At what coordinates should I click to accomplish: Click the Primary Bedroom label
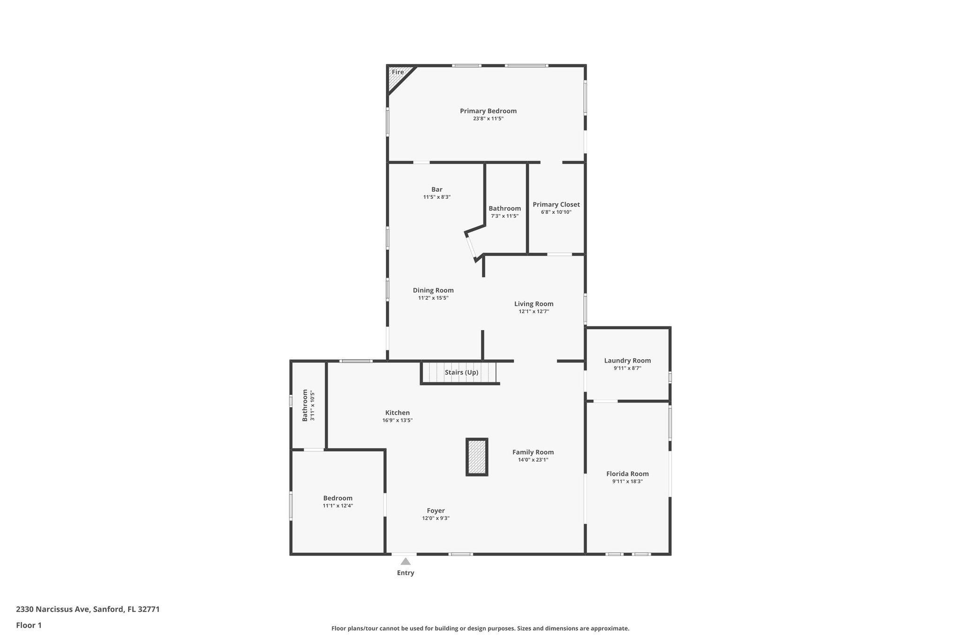click(488, 111)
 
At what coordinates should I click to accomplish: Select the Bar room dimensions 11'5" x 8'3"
click(437, 197)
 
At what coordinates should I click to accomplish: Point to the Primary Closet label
click(556, 204)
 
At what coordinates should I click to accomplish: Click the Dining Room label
click(433, 290)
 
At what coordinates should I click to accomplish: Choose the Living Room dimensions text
click(534, 311)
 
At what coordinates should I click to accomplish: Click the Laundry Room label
click(627, 361)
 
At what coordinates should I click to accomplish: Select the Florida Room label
click(627, 474)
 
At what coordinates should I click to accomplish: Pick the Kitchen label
click(397, 413)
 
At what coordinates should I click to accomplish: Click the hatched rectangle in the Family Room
click(477, 457)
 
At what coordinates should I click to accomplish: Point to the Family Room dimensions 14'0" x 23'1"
click(533, 460)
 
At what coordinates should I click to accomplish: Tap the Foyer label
click(435, 510)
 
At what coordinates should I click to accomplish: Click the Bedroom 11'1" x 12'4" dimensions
click(337, 506)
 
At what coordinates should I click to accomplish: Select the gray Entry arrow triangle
click(405, 561)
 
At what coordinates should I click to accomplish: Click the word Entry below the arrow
click(405, 573)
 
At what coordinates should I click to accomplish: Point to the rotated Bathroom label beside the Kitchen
click(305, 405)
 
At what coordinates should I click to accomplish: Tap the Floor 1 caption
click(29, 625)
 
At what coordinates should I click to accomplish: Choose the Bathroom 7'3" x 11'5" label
click(504, 209)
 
